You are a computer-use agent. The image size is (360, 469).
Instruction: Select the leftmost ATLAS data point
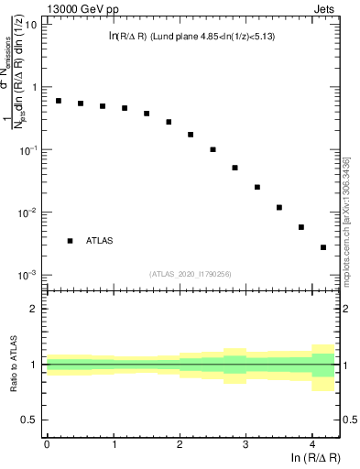[59, 101]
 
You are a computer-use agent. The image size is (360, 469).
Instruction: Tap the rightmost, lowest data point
[323, 247]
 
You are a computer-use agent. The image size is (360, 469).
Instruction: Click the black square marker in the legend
[70, 241]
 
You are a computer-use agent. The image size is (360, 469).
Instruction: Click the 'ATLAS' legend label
[100, 241]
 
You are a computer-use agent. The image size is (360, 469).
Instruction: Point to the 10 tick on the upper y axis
[32, 24]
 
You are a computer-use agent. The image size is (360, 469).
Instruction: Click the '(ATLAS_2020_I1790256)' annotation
[190, 273]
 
